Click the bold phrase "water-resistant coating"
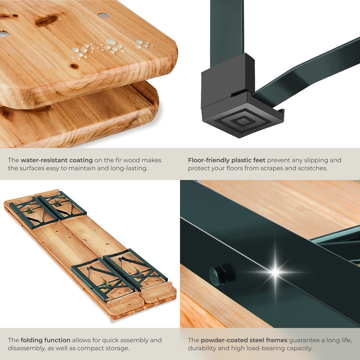click(x=57, y=160)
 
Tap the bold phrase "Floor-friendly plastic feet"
click(x=226, y=160)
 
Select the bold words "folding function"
click(x=45, y=340)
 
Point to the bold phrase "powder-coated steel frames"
click(x=244, y=340)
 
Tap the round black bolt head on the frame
click(x=217, y=275)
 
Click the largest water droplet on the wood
click(x=111, y=42)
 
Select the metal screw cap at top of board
click(x=104, y=15)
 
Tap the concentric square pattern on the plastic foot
click(x=243, y=121)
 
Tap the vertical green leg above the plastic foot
click(x=227, y=32)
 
